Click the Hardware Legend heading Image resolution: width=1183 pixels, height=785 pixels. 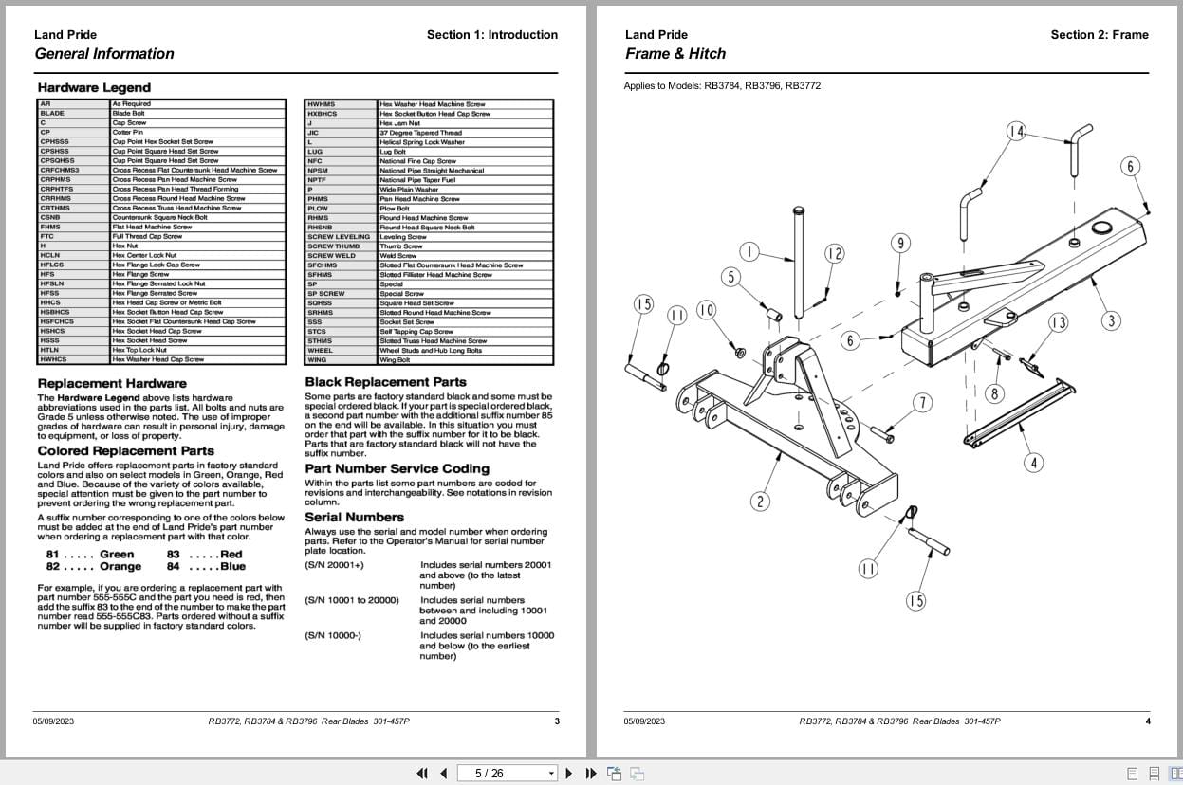[x=94, y=87]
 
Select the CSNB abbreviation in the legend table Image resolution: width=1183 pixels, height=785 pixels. [x=50, y=217]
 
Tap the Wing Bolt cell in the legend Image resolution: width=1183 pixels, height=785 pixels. [x=395, y=360]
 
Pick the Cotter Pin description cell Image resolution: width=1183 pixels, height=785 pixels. [x=127, y=132]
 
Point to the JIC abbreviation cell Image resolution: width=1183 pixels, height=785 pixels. [x=313, y=133]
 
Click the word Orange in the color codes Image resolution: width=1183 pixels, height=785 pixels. [x=120, y=567]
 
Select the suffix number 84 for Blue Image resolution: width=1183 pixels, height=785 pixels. [x=173, y=567]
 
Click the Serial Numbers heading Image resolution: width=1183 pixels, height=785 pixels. [x=354, y=518]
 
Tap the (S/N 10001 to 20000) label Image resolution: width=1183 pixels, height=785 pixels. [x=352, y=600]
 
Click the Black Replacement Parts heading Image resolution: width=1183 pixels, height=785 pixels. [x=385, y=382]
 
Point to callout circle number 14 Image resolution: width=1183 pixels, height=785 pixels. [x=1016, y=132]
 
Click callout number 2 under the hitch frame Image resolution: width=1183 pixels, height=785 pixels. [x=759, y=502]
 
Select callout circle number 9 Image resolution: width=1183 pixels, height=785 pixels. [x=900, y=243]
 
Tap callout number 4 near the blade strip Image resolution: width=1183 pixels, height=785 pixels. [x=1033, y=463]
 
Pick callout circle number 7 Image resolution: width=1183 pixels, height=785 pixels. [x=922, y=403]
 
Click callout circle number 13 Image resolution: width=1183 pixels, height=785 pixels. [x=1058, y=322]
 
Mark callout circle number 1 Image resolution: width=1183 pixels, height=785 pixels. [x=749, y=251]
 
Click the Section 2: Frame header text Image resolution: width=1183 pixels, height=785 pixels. [x=1099, y=35]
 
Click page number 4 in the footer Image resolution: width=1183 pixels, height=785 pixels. [x=1147, y=721]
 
